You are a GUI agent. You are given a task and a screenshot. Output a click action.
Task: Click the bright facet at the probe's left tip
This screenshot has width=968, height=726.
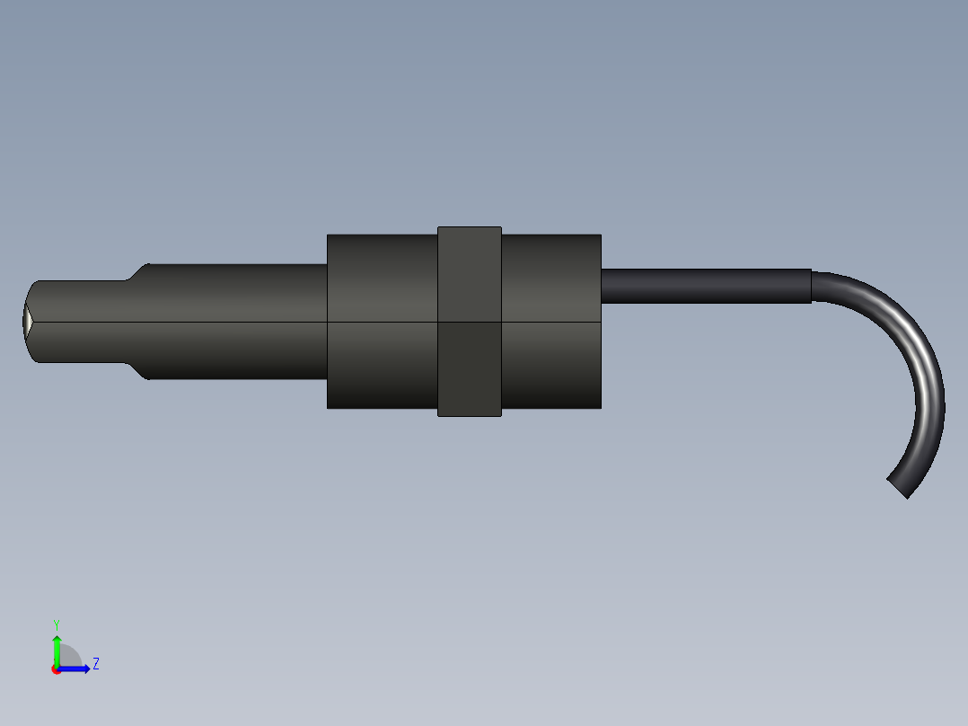click(27, 320)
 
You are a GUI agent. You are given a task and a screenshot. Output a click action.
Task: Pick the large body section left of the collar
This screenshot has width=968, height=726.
click(382, 321)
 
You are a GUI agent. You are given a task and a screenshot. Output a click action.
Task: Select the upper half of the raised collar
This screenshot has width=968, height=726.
click(469, 274)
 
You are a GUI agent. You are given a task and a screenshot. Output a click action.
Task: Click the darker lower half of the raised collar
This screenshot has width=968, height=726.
click(469, 369)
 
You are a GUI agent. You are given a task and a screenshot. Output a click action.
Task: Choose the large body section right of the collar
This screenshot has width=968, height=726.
click(550, 321)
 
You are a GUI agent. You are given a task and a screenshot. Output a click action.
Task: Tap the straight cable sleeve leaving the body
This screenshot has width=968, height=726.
click(705, 286)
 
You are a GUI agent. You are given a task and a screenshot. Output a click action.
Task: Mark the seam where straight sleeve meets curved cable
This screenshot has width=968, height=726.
click(812, 286)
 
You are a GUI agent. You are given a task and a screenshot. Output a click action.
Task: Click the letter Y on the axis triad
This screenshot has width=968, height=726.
click(56, 624)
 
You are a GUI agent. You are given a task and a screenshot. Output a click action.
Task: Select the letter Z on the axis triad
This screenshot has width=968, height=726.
click(95, 665)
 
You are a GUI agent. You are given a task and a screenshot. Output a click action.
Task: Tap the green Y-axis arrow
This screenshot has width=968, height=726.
click(56, 649)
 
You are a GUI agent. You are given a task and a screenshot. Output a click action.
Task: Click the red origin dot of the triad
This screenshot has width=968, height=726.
click(56, 669)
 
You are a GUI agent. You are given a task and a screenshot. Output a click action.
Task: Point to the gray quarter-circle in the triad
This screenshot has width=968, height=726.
click(69, 658)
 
